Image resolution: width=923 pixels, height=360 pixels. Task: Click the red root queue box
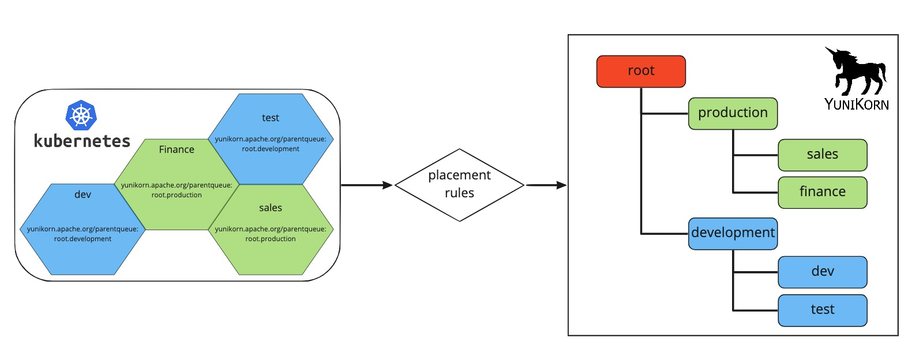(641, 71)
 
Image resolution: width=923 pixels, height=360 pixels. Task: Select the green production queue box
(733, 113)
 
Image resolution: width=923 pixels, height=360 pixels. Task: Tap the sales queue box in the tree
(822, 155)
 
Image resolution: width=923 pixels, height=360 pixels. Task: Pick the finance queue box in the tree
(822, 192)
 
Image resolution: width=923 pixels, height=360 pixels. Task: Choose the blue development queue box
(733, 233)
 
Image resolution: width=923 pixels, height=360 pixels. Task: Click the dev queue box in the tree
(822, 272)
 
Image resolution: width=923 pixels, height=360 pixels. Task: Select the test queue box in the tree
(822, 310)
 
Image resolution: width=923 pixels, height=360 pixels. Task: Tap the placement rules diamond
(459, 185)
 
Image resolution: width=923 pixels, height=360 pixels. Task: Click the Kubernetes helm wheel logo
(81, 115)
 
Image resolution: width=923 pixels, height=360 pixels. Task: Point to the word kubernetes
(82, 141)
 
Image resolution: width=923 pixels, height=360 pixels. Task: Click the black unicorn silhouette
(856, 72)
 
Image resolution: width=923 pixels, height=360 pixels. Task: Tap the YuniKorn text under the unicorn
(856, 104)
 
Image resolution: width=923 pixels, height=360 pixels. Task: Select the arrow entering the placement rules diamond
(367, 185)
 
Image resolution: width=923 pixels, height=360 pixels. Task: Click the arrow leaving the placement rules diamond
(546, 185)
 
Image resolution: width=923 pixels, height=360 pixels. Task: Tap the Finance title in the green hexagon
(177, 149)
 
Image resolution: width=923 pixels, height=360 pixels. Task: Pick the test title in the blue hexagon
(270, 118)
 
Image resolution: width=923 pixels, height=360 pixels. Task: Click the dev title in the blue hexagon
(82, 195)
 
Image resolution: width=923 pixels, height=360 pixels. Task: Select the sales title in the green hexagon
(270, 208)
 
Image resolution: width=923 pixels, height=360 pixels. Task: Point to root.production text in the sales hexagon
(270, 239)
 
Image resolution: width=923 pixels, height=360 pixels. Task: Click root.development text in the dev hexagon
(82, 239)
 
